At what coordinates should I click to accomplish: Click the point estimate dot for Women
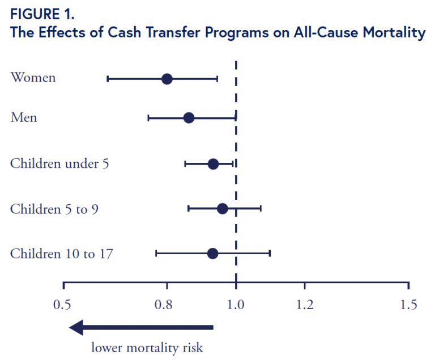167,79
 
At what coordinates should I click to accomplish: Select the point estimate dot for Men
189,118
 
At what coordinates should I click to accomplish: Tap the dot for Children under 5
213,164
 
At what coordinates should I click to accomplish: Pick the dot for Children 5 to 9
223,209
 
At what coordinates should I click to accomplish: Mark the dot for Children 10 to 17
212,254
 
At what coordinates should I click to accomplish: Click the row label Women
33,77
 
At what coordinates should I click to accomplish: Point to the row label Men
24,117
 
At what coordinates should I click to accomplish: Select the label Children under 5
59,163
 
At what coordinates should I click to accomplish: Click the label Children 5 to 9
54,209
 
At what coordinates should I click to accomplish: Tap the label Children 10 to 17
62,254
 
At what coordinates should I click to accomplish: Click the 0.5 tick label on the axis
62,305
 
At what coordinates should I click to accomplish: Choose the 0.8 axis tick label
163,305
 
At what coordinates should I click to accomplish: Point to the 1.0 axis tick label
236,305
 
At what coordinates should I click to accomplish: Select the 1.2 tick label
305,305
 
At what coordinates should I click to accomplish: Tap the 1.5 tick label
408,305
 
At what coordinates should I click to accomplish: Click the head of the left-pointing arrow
76,327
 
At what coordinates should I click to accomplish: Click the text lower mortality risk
147,348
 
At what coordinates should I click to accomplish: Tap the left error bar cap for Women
108,79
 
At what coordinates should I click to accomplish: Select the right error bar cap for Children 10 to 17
270,254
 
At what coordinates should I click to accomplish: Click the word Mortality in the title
394,33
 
